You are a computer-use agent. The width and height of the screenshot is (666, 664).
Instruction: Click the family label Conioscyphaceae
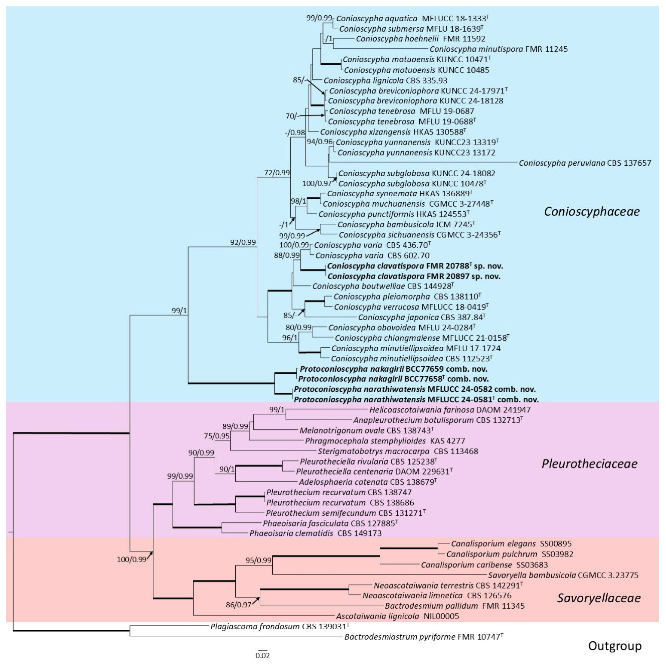(591, 211)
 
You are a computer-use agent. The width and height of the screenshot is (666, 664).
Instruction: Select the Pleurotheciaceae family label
(589, 464)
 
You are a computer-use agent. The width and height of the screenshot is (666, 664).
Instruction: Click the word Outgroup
(615, 646)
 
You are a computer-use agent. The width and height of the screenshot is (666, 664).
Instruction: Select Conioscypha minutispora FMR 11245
(498, 49)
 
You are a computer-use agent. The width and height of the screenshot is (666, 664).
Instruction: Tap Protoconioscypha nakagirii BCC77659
(393, 369)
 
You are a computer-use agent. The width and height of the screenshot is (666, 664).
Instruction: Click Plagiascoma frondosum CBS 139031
(280, 626)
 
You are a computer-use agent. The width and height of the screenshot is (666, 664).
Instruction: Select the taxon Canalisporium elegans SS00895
(511, 544)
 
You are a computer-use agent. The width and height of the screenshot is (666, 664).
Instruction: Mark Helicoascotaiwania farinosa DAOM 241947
(450, 410)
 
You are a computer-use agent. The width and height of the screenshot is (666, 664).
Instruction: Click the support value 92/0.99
(243, 242)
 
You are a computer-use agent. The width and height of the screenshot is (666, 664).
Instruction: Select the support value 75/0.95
(216, 436)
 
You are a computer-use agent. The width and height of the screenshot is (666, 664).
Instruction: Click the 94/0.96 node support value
(320, 142)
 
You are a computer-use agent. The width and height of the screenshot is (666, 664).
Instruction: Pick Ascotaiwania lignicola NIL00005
(397, 616)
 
